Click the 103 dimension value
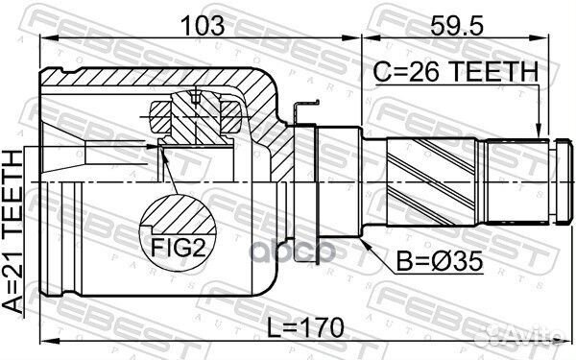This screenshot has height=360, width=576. [x=203, y=25]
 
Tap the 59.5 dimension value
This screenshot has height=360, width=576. [x=457, y=25]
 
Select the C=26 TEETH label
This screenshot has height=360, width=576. [x=456, y=71]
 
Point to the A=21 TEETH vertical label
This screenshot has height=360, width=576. [x=13, y=231]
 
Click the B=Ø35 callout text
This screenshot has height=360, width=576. [x=440, y=261]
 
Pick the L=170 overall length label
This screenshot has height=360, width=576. [x=305, y=327]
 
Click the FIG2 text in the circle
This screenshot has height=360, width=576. [x=178, y=249]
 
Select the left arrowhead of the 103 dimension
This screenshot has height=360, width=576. [x=48, y=37]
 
